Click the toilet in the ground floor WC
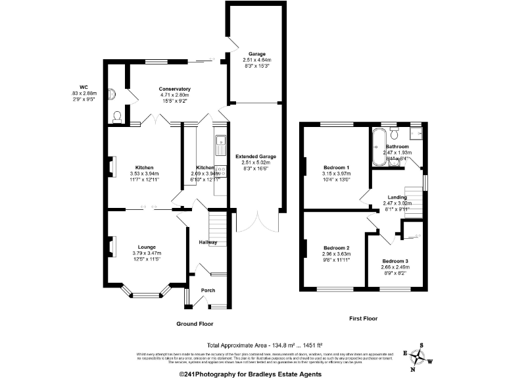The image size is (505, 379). [x=117, y=116]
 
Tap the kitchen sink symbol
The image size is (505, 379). [x=219, y=140]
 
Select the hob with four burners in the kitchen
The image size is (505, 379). [x=220, y=172]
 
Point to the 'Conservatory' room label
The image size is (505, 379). [x=174, y=88]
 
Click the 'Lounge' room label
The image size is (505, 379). [x=147, y=247]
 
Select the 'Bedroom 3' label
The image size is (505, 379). [x=396, y=261]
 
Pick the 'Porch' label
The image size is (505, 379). [x=208, y=290]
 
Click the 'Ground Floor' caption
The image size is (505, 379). [x=195, y=324]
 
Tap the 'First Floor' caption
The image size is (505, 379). [x=363, y=318]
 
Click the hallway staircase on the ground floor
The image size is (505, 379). [x=218, y=228]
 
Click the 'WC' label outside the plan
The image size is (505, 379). [x=83, y=87]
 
